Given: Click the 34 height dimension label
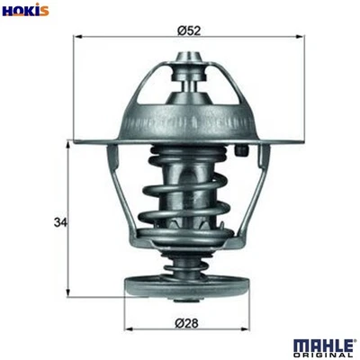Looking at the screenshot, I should tap(60, 220).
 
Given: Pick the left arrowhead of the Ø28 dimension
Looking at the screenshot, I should tap(127, 329).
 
